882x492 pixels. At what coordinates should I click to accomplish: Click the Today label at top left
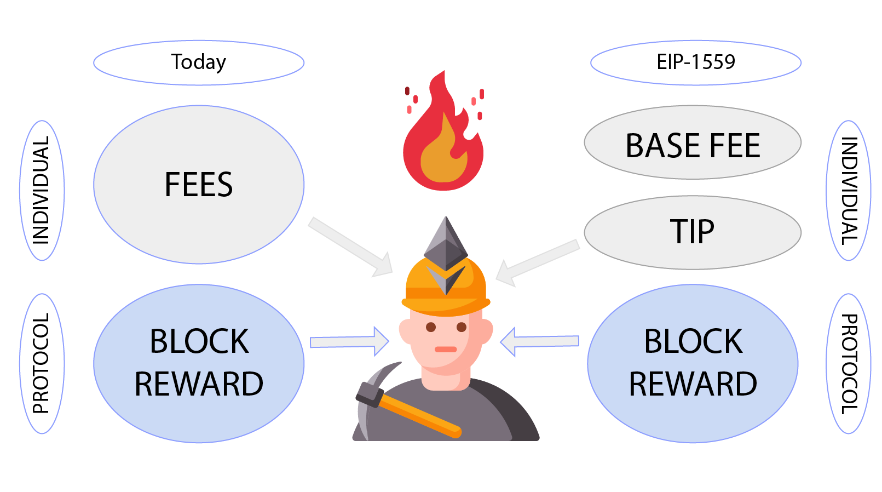[x=198, y=62]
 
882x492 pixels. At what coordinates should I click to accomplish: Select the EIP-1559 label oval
[x=695, y=62]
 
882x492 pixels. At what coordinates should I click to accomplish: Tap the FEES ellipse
[x=198, y=185]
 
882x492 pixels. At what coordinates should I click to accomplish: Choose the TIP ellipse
[x=693, y=232]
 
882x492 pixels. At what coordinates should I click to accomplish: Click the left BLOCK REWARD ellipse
[x=198, y=363]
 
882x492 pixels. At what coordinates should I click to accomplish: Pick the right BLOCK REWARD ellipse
[x=693, y=363]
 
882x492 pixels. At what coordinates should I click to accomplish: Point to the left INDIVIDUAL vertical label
[x=42, y=190]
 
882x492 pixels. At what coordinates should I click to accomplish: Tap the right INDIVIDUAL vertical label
[x=848, y=190]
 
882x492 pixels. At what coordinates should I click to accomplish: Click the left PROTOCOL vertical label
[x=42, y=363]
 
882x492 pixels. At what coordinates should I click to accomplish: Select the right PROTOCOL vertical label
[x=848, y=363]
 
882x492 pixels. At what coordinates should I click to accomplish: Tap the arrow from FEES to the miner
[x=350, y=247]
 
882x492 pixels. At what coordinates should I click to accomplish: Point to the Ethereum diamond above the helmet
[x=446, y=241]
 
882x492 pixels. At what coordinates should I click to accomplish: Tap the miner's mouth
[x=446, y=349]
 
